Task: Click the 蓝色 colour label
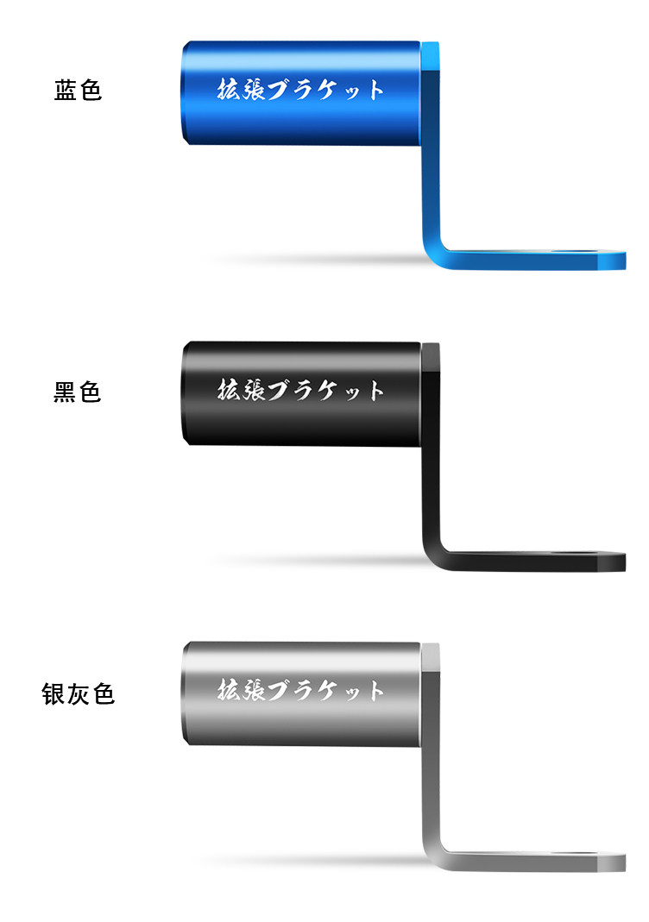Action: [79, 91]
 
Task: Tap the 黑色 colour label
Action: [78, 392]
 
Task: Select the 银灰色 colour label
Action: [79, 693]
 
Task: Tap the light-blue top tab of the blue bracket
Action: [430, 59]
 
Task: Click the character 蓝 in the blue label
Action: [66, 91]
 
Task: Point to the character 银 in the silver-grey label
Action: [54, 693]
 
